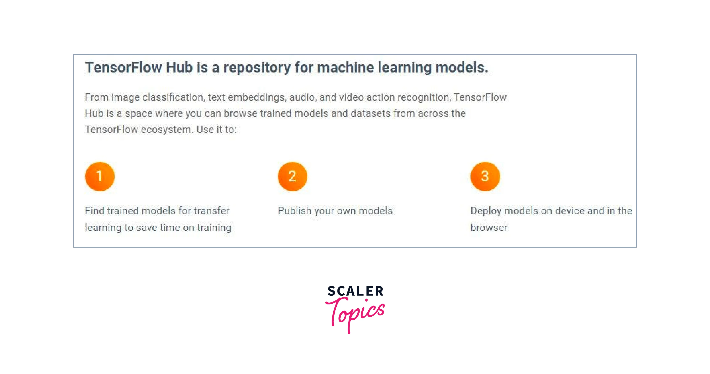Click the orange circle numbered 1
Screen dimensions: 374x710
point(100,177)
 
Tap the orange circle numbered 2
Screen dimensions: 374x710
point(292,177)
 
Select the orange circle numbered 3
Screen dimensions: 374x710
point(485,177)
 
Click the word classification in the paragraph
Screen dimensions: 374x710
point(173,97)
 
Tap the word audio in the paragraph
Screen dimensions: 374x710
point(302,97)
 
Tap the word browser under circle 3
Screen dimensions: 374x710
point(489,228)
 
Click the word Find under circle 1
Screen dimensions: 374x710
point(95,211)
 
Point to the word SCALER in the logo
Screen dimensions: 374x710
point(355,291)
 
